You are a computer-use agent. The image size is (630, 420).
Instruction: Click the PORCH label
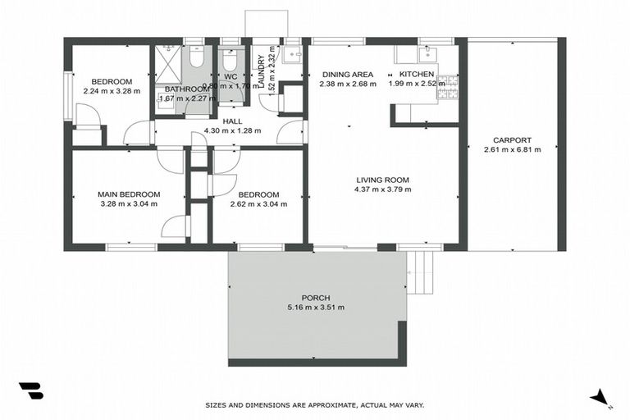(316, 298)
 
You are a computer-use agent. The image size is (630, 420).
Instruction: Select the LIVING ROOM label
(382, 180)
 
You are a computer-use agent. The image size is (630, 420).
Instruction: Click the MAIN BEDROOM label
(129, 194)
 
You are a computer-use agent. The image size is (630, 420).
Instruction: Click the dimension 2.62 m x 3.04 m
(258, 204)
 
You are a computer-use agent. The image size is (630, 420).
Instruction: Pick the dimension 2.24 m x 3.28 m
(112, 91)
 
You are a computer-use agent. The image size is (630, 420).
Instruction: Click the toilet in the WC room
(228, 59)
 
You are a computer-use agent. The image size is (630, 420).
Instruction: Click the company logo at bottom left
(30, 391)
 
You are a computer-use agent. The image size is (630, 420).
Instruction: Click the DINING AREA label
(348, 74)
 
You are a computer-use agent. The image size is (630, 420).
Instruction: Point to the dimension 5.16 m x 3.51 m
(316, 308)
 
